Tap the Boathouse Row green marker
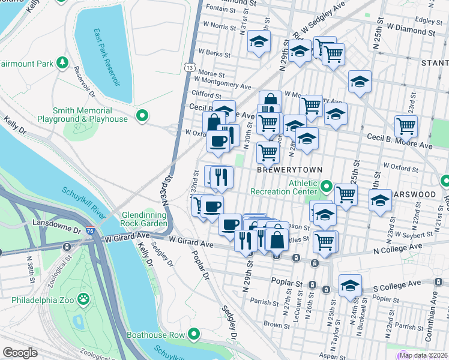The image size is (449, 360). pyautogui.click(x=194, y=334)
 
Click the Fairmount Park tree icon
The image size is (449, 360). pyautogui.click(x=62, y=62)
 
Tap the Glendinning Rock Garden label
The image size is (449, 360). pyautogui.click(x=144, y=219)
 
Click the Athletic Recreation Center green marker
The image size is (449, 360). pyautogui.click(x=326, y=186)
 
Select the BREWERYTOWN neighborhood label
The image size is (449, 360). pyautogui.click(x=286, y=170)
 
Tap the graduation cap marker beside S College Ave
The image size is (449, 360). pyautogui.click(x=350, y=287)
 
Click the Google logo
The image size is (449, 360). pyautogui.click(x=20, y=353)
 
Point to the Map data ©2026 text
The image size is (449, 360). pyautogui.click(x=423, y=355)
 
